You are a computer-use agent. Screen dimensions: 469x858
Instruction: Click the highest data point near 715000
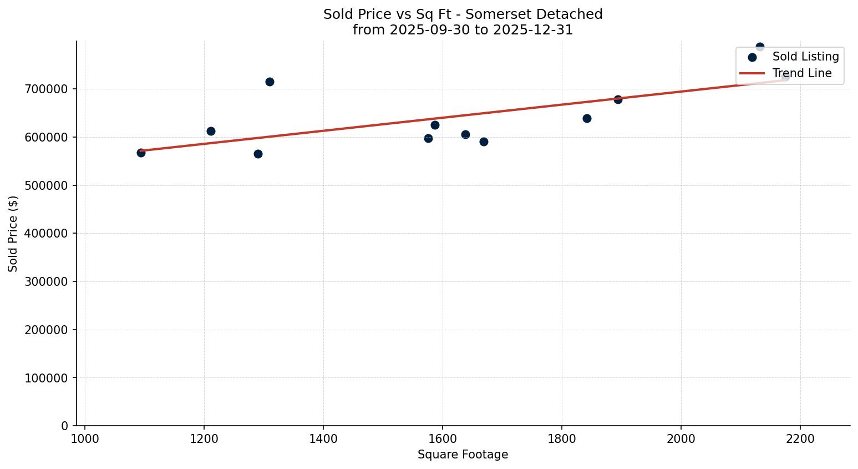(x=270, y=82)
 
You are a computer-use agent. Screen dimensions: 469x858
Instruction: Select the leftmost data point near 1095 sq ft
(x=141, y=153)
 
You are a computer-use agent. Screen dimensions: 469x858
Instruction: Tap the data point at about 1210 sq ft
(x=211, y=131)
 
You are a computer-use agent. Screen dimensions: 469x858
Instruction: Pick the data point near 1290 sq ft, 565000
(x=258, y=154)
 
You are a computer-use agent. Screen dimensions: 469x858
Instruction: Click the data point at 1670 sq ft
(x=484, y=142)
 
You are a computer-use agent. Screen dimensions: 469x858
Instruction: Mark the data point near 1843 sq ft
(x=587, y=118)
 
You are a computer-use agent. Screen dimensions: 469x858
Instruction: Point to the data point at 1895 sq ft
(x=618, y=99)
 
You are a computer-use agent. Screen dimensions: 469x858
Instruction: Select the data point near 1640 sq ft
(x=465, y=134)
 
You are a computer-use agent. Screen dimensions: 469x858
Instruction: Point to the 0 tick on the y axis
(x=65, y=426)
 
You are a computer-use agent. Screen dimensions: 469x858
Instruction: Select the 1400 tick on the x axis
(x=323, y=438)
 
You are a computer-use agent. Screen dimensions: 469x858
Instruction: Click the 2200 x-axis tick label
(x=800, y=438)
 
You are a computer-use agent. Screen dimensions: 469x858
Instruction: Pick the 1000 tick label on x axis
(x=85, y=438)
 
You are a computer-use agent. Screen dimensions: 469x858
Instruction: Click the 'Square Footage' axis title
(x=463, y=455)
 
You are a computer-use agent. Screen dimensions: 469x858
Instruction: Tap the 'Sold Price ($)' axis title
(x=13, y=234)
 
